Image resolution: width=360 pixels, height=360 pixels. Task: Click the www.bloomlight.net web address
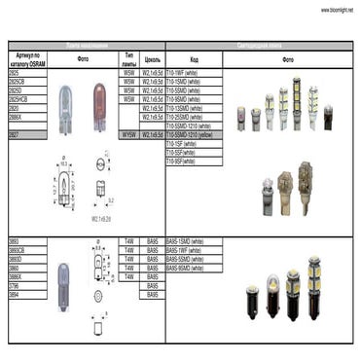coord(337,10)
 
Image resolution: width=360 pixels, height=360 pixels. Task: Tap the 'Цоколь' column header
coord(152,59)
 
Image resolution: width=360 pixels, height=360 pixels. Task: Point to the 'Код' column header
coord(194,59)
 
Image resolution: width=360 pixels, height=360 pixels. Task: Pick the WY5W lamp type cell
coord(129,134)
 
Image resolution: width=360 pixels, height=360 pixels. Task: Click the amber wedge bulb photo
coord(97,100)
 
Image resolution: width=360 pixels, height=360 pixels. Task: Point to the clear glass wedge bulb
coord(66,101)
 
